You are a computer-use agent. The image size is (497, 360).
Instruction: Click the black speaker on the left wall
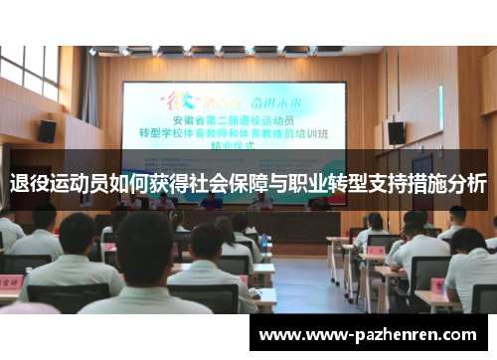tap(47, 130)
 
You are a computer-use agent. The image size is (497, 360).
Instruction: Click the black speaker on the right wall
tap(396, 132)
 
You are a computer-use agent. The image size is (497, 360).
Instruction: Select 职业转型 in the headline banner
tap(326, 184)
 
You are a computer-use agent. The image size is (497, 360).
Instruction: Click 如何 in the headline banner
tap(127, 184)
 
